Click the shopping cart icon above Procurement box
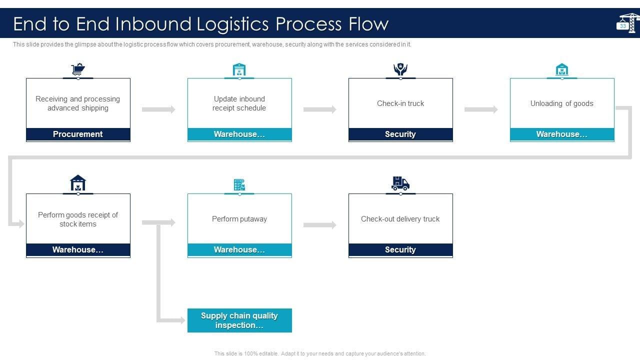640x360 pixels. coord(78,69)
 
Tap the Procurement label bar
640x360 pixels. coord(78,134)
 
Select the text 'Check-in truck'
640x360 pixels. coord(400,103)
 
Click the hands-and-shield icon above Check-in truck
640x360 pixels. coord(400,69)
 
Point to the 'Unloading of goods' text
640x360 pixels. coord(561,103)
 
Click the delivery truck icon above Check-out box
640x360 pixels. coord(400,183)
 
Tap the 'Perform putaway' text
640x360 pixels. coord(239,219)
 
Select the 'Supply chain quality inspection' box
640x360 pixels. coord(239,320)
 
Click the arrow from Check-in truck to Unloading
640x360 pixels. coord(481,109)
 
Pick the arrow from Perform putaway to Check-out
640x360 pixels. coord(319,225)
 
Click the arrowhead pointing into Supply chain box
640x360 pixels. coord(182,320)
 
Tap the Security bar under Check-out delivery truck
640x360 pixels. coord(400,249)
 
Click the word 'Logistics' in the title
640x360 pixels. coord(232,23)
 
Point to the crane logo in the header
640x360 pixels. coord(627,23)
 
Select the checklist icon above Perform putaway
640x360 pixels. coord(239,184)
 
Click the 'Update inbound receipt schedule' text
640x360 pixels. coord(239,103)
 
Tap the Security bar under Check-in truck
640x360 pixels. coord(400,134)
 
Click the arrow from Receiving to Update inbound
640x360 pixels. coord(158,109)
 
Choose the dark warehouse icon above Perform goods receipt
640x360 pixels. coord(78,183)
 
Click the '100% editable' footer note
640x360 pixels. coord(319,353)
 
